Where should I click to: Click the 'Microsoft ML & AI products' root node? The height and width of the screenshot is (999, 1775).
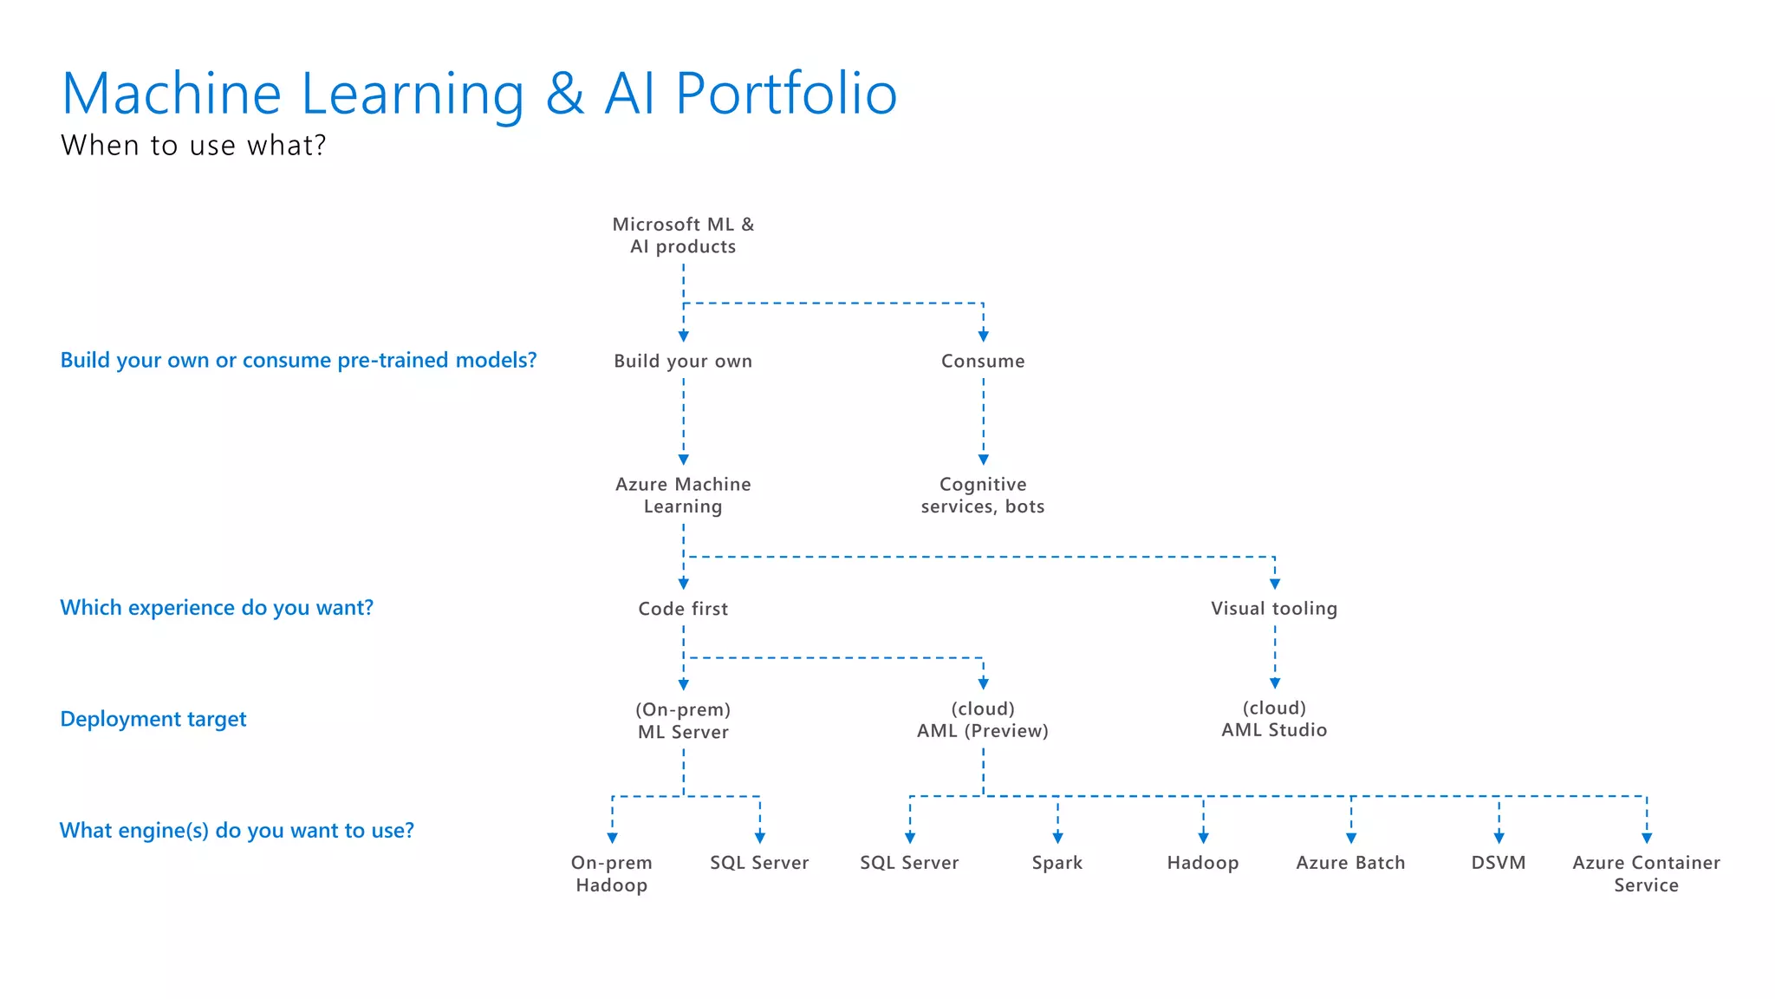point(683,235)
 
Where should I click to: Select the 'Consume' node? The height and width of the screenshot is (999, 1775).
point(983,361)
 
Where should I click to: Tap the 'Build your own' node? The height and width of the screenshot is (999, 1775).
point(683,361)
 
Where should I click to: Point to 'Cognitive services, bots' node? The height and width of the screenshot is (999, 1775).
point(983,495)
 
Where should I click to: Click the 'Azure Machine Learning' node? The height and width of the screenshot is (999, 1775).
point(683,495)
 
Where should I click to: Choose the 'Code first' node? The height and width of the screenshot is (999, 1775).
point(683,609)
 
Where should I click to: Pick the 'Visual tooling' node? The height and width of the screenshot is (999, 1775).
point(1274,609)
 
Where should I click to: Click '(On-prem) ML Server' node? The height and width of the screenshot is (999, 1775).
point(683,721)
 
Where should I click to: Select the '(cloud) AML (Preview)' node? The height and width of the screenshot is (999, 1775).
point(983,720)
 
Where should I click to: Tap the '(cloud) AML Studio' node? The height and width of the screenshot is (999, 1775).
point(1274,719)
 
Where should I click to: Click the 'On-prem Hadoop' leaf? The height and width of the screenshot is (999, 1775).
point(612,873)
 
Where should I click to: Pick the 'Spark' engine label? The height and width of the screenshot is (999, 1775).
point(1057,863)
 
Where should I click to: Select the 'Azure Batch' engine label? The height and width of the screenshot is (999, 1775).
point(1350,863)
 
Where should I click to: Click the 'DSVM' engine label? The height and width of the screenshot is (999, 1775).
point(1499,863)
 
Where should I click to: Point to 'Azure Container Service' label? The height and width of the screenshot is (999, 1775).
point(1646,873)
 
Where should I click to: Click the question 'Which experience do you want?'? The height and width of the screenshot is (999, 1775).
point(217,608)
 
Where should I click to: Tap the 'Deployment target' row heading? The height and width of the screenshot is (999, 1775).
point(153,720)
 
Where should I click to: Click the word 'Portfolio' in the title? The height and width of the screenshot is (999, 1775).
point(786,94)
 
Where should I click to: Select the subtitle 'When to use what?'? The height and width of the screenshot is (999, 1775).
point(193,145)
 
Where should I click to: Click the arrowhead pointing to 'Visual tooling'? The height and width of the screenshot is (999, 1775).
point(1275,584)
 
